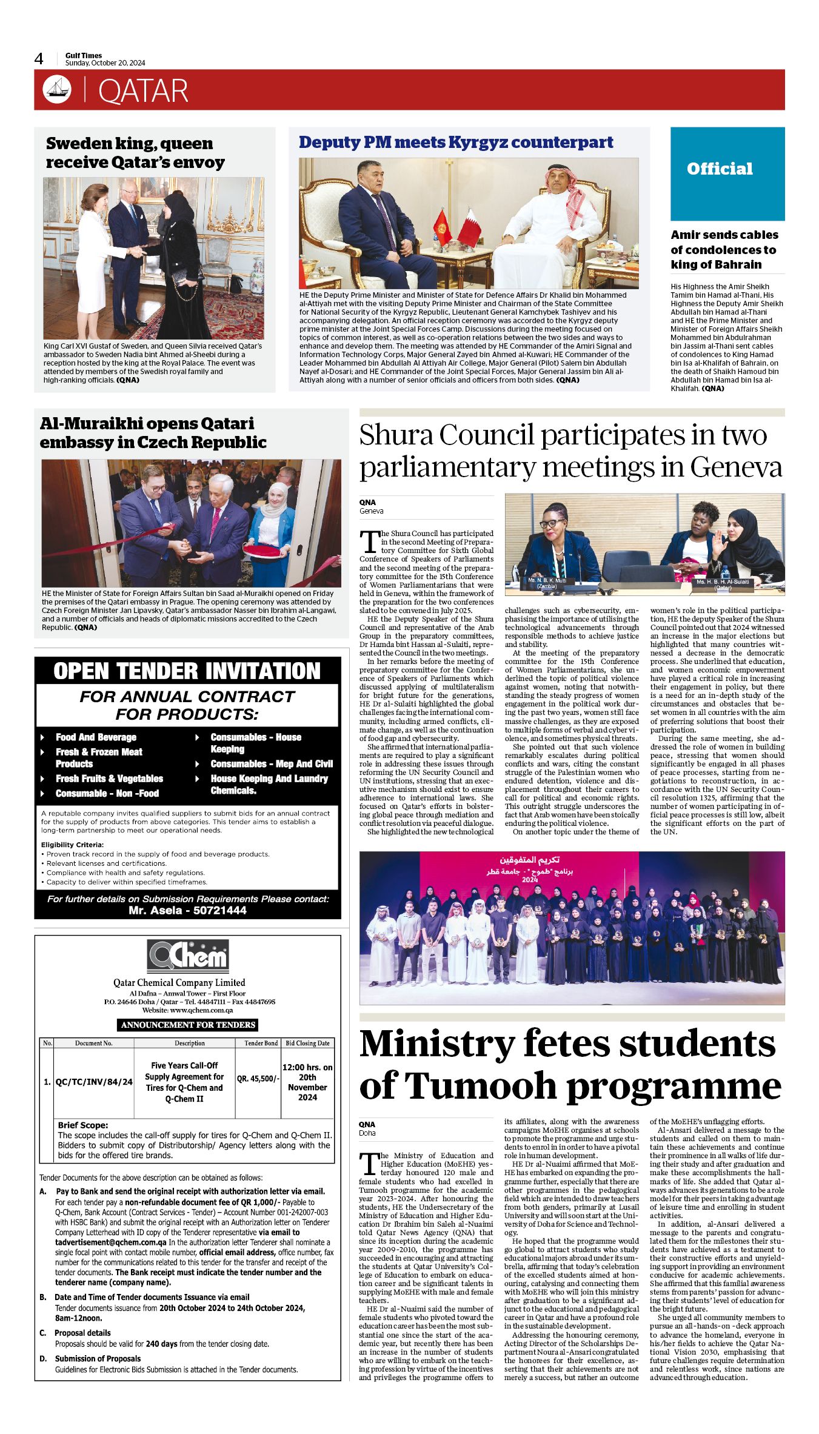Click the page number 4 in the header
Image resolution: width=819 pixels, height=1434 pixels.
tap(39, 59)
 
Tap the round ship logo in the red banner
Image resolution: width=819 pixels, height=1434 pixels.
tap(57, 90)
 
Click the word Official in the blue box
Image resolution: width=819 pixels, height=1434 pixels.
tap(720, 169)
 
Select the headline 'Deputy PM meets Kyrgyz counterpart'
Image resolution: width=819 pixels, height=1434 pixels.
tap(456, 142)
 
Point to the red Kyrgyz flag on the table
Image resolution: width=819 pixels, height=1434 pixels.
tap(441, 226)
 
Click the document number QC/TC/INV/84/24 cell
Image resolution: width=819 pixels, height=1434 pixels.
tap(94, 1082)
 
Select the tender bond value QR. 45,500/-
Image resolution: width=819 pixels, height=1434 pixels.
tap(258, 1079)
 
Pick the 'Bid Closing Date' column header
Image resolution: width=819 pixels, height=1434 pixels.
tap(307, 1043)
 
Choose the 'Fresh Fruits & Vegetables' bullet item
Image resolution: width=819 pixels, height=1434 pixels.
tap(109, 779)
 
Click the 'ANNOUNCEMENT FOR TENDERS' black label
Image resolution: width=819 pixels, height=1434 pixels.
tap(188, 1025)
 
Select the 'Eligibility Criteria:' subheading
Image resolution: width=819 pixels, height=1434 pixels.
tap(72, 845)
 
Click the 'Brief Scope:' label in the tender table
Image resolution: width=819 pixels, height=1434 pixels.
tap(83, 1125)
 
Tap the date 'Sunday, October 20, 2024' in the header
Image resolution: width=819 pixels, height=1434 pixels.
tap(105, 63)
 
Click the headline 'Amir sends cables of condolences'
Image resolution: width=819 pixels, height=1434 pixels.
tap(724, 249)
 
